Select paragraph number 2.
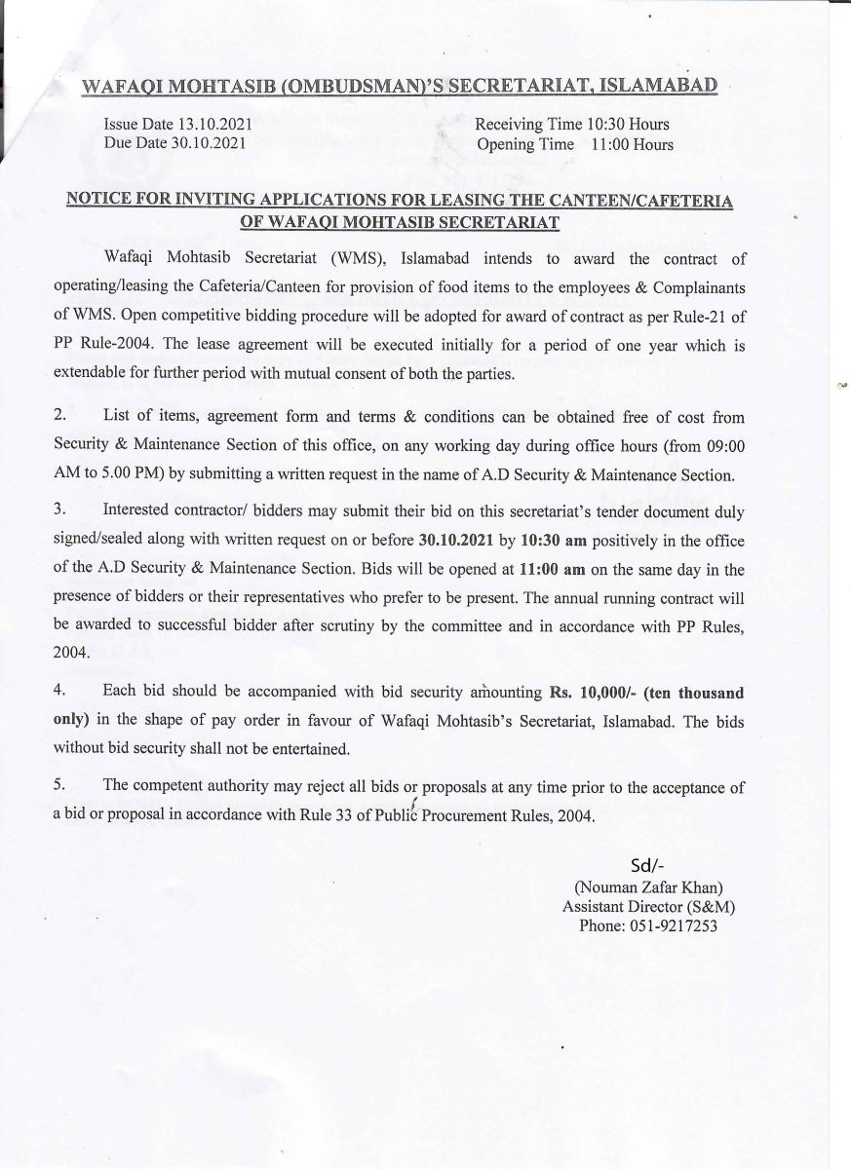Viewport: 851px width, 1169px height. pyautogui.click(x=59, y=417)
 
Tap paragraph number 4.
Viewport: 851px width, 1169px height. pyautogui.click(x=59, y=692)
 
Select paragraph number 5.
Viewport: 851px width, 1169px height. pyautogui.click(x=59, y=786)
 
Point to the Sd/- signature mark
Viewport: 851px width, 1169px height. pyautogui.click(x=647, y=868)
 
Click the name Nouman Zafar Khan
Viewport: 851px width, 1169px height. pyautogui.click(x=648, y=887)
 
